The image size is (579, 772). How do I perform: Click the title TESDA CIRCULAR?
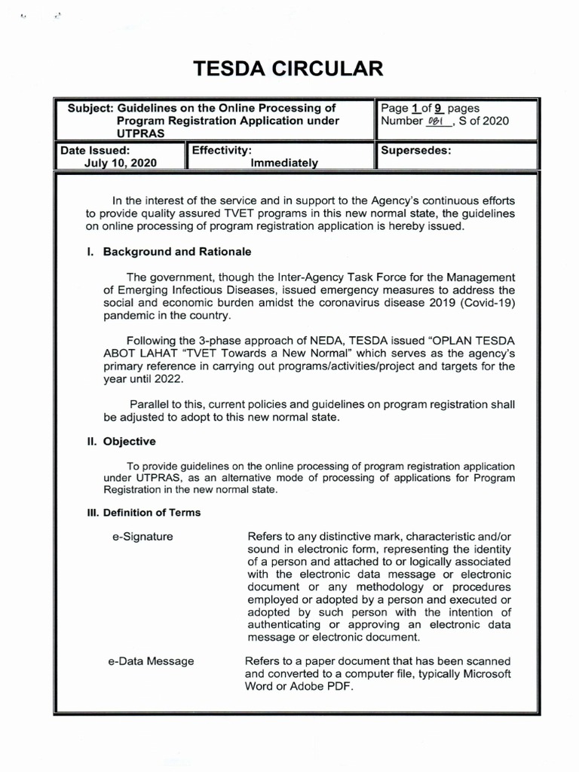[x=289, y=69]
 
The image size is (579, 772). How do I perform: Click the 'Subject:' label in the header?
[x=90, y=109]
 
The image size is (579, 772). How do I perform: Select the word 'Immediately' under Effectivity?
[x=284, y=163]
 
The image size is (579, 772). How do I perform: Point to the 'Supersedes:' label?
[x=416, y=150]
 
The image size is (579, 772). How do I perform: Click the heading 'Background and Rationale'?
[x=177, y=251]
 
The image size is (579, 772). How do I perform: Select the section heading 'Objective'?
[x=129, y=441]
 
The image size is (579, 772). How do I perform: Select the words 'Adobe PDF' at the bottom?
[x=321, y=687]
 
